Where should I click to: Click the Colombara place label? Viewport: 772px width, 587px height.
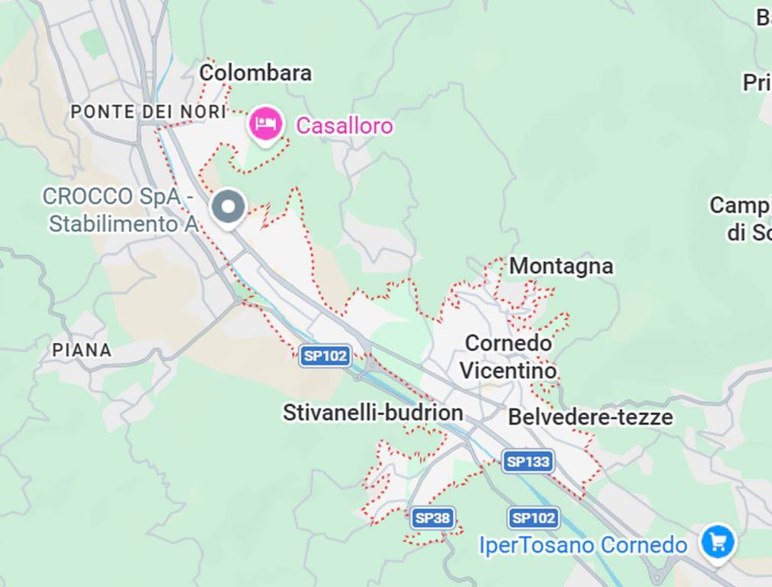click(255, 73)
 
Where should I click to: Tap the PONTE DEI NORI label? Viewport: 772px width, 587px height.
click(148, 112)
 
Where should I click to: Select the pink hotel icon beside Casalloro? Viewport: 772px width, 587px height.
click(266, 122)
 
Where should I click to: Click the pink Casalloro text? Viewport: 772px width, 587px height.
click(344, 125)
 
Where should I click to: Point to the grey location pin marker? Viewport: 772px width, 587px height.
click(228, 207)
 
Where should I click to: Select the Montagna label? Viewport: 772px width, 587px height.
click(561, 266)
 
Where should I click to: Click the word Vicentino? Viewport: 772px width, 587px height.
click(508, 371)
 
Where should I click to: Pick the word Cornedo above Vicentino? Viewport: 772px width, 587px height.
click(508, 343)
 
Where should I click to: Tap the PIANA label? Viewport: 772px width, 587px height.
click(82, 350)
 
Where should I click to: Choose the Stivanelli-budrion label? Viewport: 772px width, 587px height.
click(373, 413)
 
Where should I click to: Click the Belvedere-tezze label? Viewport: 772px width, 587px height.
click(590, 417)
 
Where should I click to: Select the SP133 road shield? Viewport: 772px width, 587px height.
click(528, 462)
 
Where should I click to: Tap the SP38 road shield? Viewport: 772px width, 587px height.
click(433, 518)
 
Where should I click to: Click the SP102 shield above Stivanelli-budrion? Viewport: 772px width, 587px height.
click(326, 355)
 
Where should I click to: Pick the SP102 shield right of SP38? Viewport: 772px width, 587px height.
click(534, 518)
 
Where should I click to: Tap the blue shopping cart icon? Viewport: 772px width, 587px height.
click(718, 542)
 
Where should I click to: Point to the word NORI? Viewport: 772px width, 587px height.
click(204, 112)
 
